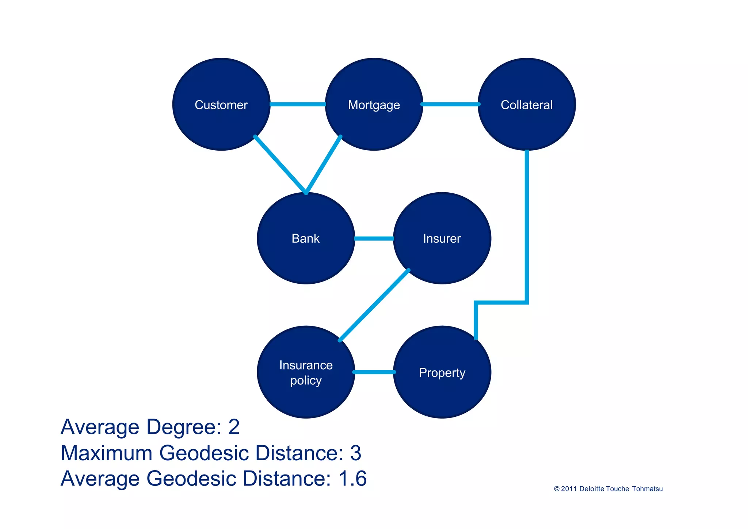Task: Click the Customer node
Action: (221, 105)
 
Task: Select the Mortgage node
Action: (374, 105)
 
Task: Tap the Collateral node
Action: (526, 105)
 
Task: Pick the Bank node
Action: (306, 238)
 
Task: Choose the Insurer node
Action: (442, 238)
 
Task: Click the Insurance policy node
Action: (306, 372)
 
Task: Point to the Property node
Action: (442, 372)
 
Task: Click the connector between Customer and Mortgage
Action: (297, 105)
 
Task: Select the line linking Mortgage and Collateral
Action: (450, 105)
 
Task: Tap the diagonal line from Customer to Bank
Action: (280, 165)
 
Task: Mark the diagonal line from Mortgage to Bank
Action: (323, 165)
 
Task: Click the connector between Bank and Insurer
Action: (374, 238)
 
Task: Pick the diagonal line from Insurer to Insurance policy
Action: (374, 305)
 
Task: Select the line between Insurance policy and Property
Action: (374, 372)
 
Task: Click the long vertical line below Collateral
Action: (527, 227)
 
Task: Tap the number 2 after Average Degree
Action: (234, 427)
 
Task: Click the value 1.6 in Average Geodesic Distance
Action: (352, 479)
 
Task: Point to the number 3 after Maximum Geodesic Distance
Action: (355, 453)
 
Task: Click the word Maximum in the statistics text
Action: (106, 453)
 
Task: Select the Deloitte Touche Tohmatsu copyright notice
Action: (608, 489)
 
